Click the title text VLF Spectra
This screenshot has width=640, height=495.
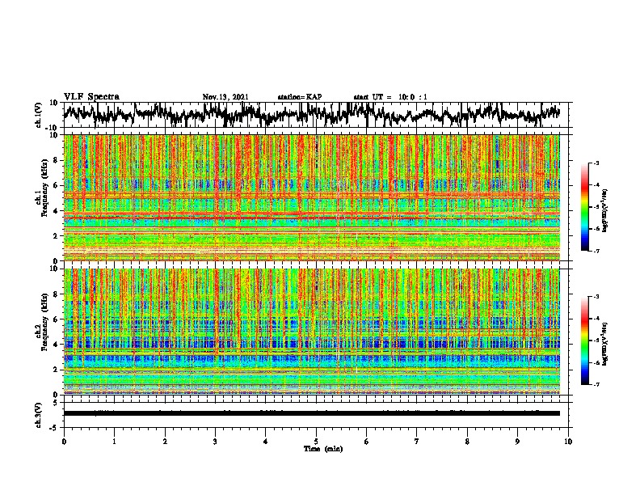click(91, 97)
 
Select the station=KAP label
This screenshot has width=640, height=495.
click(299, 97)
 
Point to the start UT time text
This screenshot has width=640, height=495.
click(390, 97)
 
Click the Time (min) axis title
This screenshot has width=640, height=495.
click(316, 448)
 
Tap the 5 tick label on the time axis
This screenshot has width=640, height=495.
click(316, 441)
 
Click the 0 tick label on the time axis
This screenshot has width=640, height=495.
click(64, 441)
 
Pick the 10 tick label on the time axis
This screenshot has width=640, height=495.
click(568, 441)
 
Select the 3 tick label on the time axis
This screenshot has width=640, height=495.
click(215, 441)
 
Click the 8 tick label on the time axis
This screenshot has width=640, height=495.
click(467, 441)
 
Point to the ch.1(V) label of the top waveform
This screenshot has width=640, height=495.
click(38, 116)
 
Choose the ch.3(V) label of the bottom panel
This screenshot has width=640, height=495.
click(38, 413)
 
